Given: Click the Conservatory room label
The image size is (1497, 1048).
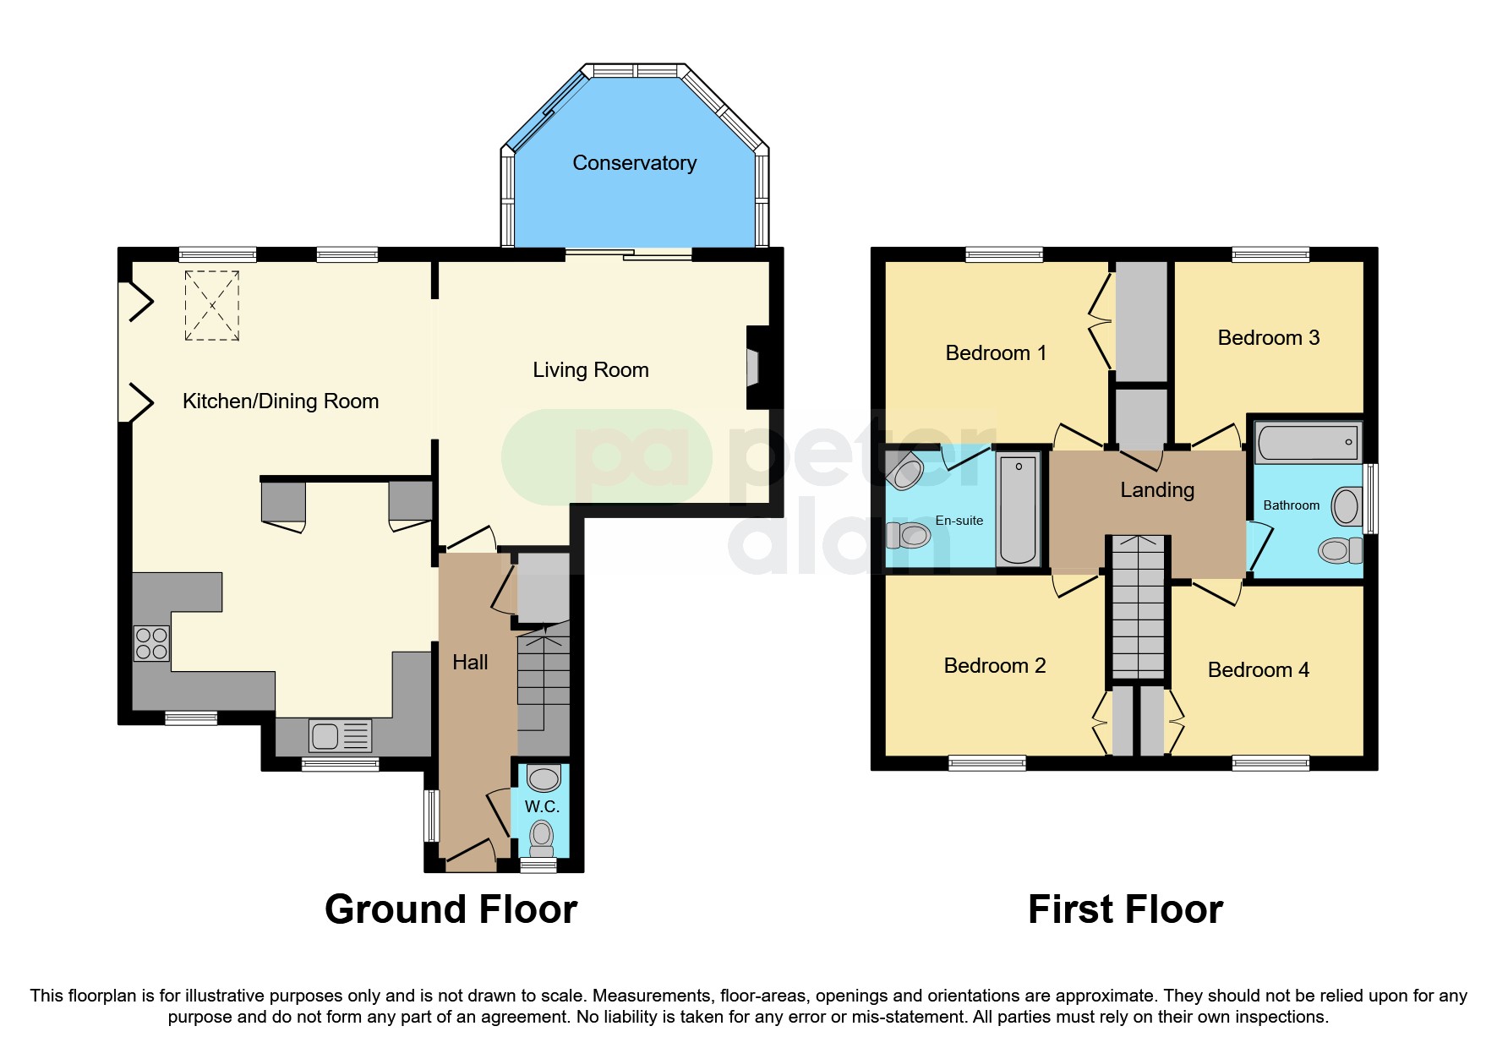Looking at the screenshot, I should [x=634, y=163].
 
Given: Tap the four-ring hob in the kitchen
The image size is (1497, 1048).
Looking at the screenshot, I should [x=151, y=643].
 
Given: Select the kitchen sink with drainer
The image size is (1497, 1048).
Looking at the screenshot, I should [x=340, y=736].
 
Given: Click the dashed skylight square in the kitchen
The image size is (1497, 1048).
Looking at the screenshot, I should [x=211, y=305].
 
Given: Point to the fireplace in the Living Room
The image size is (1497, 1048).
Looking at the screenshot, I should [x=752, y=369].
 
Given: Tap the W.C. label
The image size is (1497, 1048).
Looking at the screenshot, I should [x=542, y=806].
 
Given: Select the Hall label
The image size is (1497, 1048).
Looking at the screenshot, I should [x=470, y=663].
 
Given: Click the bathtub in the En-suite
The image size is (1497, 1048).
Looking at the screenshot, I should [x=1018, y=510].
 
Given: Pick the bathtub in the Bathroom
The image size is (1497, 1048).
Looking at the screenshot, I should [x=1308, y=442].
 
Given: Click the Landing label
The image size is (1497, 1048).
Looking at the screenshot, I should [x=1156, y=490].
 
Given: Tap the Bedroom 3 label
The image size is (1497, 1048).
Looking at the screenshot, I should [x=1268, y=338].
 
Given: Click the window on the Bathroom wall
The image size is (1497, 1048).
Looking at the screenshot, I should [x=1371, y=499].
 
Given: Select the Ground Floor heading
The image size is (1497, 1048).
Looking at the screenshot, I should [x=451, y=909].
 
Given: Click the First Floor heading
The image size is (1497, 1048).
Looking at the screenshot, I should [x=1125, y=909].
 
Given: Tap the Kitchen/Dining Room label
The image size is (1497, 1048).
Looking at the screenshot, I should [x=281, y=401].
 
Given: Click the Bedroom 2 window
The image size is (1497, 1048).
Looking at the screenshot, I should [x=986, y=763].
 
